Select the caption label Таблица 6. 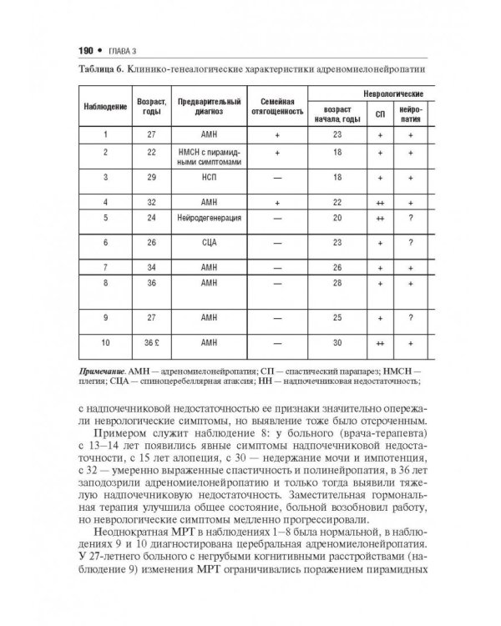point(101,68)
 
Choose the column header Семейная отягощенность point(276,106)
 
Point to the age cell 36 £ point(151,342)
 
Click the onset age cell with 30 point(337,342)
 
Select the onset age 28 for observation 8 point(337,284)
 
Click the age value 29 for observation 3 point(151,178)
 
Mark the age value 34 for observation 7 point(151,267)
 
